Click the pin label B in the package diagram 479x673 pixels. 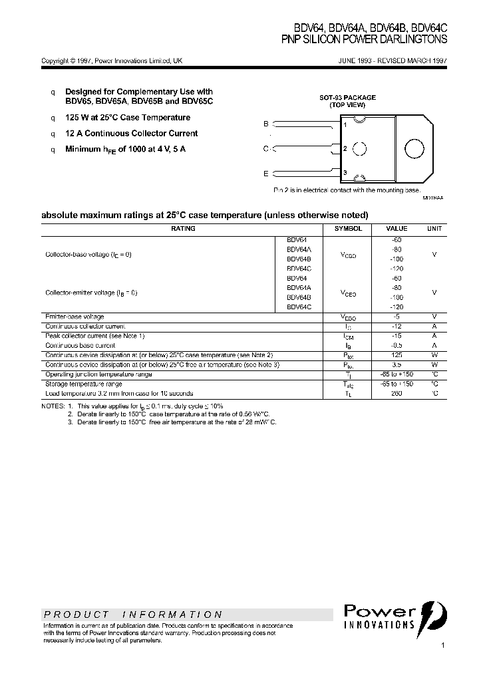[266, 124]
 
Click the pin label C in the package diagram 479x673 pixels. [266, 149]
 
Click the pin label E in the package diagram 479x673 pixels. [266, 174]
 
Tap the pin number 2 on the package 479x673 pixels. [345, 149]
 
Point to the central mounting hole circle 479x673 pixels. [360, 149]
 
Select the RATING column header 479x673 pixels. [183, 228]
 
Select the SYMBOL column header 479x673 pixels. [348, 228]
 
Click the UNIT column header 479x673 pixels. [434, 228]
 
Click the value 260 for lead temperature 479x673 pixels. [397, 393]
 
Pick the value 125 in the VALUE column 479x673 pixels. [397, 355]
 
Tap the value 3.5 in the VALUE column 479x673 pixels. [397, 364]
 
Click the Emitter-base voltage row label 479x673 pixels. [75, 317]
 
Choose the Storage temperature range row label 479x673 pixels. [83, 384]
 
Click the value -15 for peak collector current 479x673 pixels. [397, 336]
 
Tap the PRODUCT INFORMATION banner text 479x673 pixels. [133, 614]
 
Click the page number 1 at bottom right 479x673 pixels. [443, 646]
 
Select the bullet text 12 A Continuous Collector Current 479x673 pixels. [131, 133]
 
